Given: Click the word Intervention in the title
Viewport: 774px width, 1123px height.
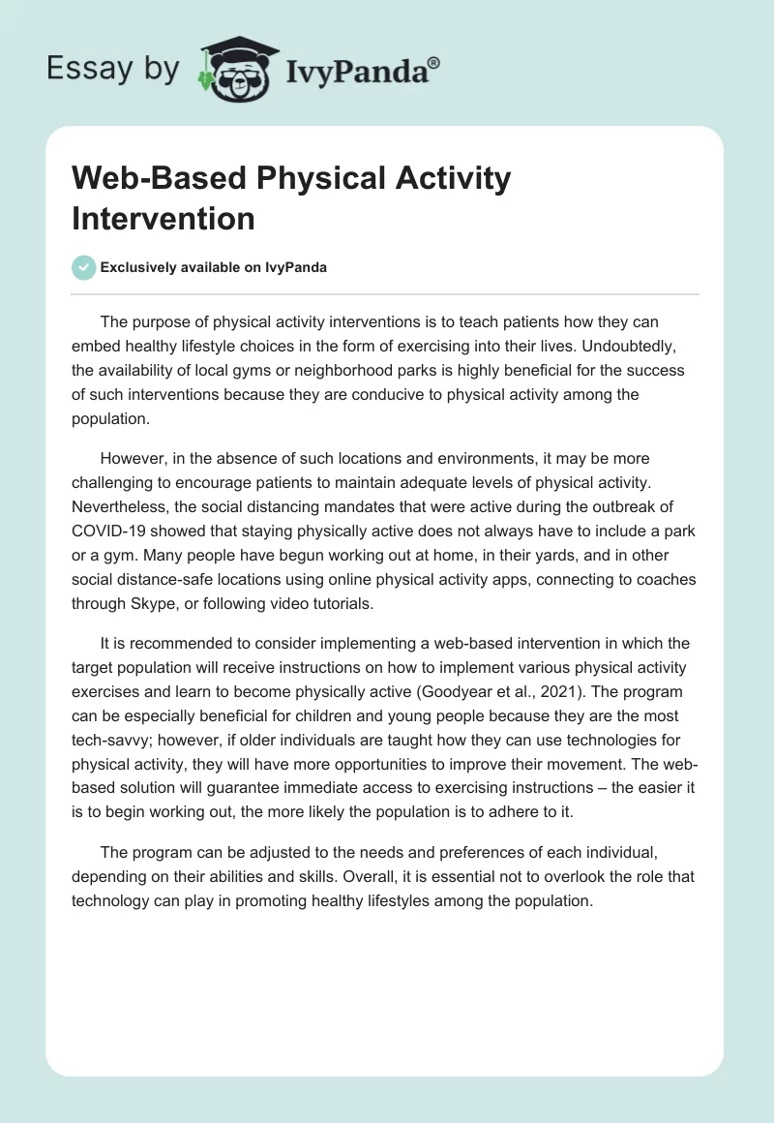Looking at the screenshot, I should tap(164, 218).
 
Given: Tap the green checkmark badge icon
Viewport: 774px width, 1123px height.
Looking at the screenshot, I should tap(84, 267).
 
